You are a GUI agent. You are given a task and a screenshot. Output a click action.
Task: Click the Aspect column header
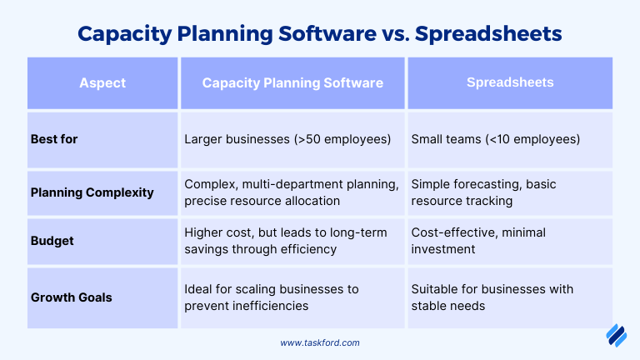click(102, 83)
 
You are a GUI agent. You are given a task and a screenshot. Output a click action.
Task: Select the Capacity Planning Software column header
click(292, 83)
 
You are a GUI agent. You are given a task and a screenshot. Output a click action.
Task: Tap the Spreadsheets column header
click(510, 82)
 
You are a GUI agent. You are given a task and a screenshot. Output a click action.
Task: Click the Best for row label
click(54, 139)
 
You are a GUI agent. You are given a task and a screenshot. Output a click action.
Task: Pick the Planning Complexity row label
click(92, 192)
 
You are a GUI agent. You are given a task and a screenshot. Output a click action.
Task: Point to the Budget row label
click(52, 241)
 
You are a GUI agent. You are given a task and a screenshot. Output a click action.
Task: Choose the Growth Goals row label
click(72, 297)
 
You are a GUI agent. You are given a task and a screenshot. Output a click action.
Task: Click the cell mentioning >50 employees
click(287, 139)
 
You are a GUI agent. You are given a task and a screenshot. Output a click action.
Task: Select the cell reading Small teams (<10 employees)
click(496, 139)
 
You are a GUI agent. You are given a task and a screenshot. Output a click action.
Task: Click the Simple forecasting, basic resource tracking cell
click(483, 192)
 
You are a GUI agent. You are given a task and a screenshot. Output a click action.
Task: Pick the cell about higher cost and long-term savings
click(286, 241)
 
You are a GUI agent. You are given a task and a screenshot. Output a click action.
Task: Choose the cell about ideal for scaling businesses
click(272, 297)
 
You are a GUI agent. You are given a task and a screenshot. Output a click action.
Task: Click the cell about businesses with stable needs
click(492, 297)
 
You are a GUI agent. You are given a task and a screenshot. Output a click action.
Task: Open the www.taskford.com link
click(320, 342)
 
